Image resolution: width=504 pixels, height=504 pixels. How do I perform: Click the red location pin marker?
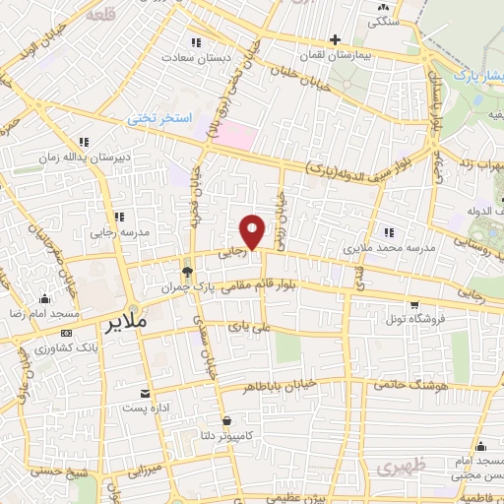254,231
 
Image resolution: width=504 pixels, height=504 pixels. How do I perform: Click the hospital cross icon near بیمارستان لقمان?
336,40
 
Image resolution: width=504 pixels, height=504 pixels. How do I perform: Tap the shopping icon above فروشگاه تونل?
414,304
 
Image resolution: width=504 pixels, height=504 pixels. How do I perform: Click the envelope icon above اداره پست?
147,393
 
